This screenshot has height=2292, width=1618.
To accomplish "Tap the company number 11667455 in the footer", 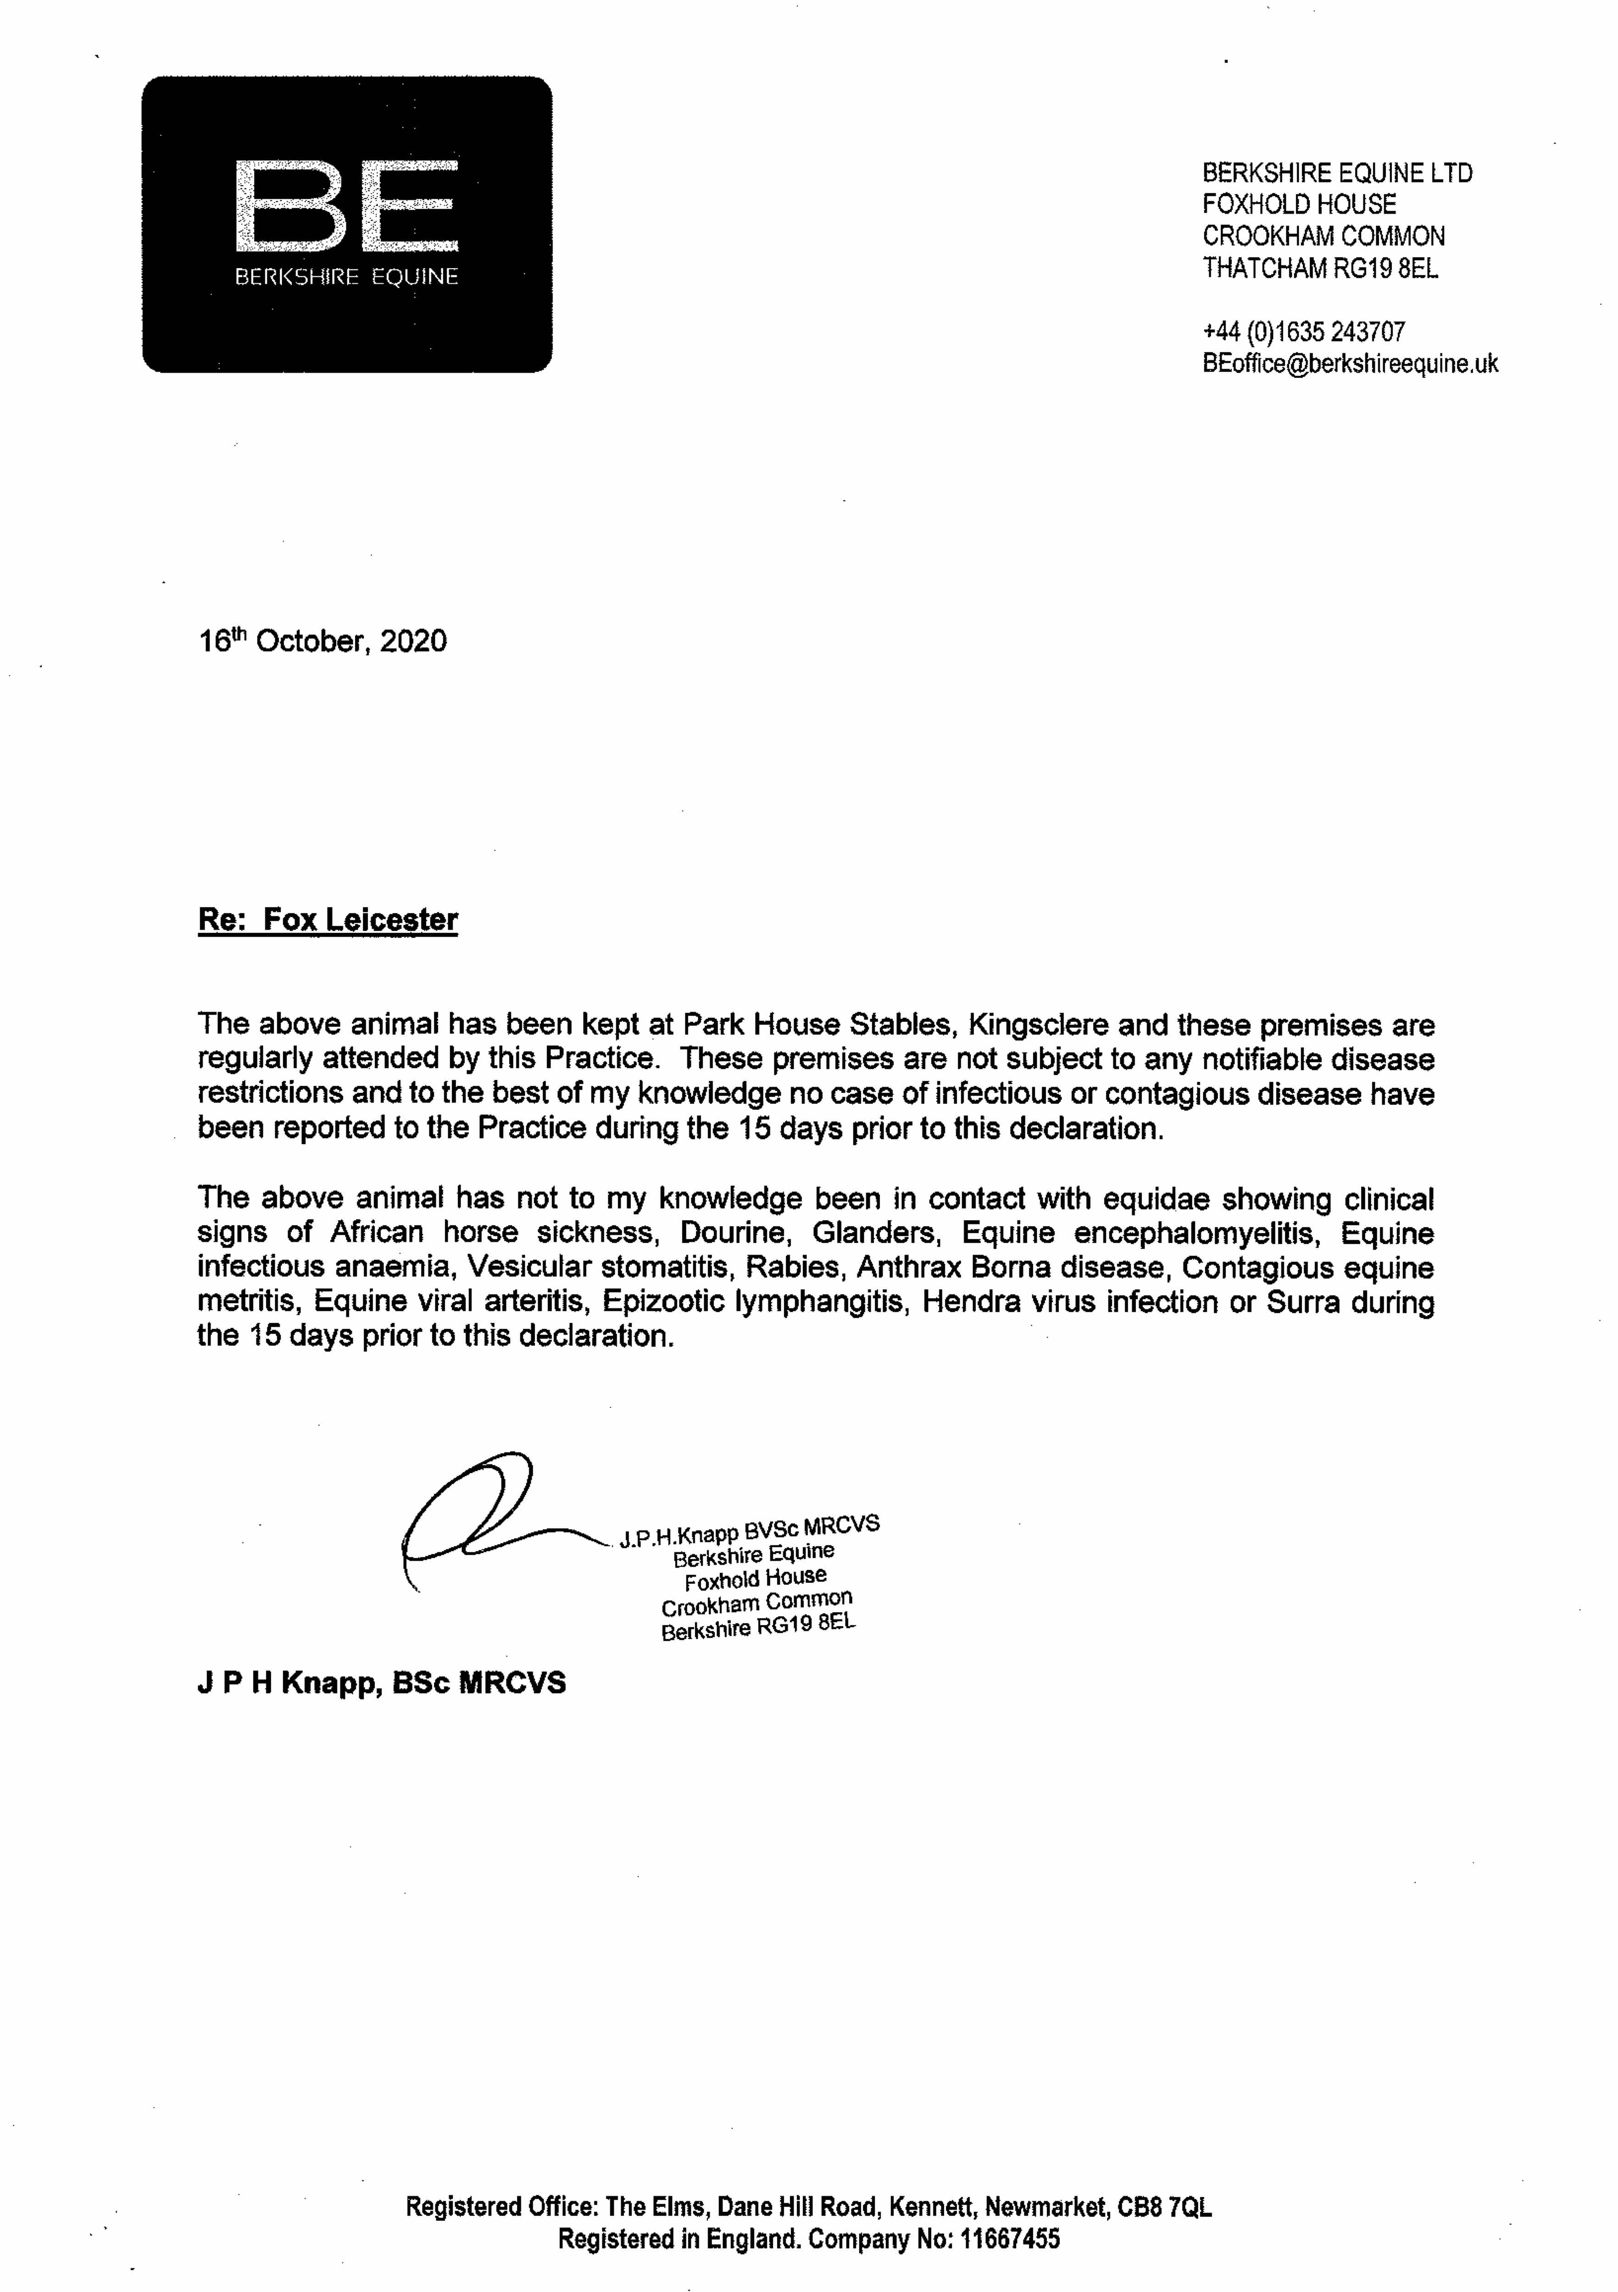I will [x=1010, y=2239].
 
